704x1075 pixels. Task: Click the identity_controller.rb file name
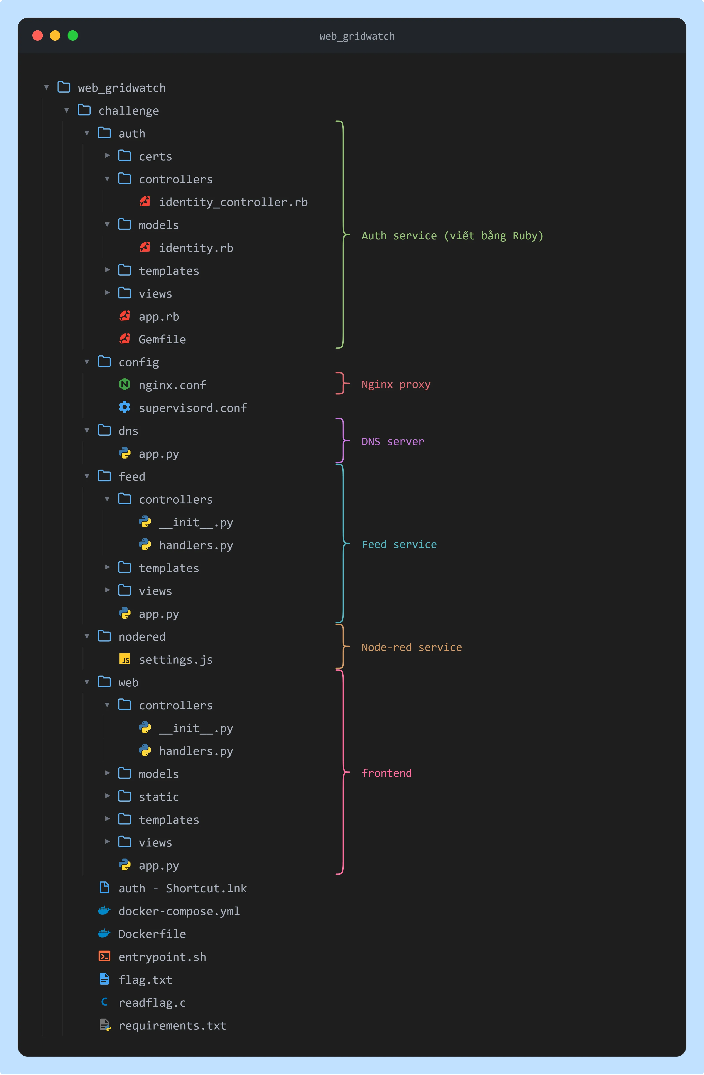click(233, 202)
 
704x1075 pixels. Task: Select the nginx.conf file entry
click(172, 385)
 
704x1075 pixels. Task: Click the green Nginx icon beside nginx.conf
click(125, 384)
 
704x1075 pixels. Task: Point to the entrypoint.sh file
click(162, 957)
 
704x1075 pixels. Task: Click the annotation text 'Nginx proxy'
click(396, 385)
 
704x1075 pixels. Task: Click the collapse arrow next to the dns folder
click(87, 430)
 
